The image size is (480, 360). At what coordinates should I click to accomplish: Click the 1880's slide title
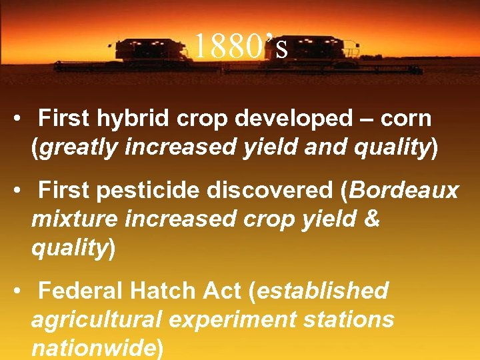coord(240,46)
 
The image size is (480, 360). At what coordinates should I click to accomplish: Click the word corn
coord(406,119)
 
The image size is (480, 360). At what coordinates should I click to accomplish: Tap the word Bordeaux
coord(404,191)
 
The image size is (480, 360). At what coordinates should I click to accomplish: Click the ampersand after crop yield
coord(373,219)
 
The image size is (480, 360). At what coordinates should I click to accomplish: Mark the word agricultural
coord(96,319)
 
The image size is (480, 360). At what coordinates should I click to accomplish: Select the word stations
coord(350,319)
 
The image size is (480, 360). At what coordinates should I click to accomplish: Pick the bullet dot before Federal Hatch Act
coord(23,292)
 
